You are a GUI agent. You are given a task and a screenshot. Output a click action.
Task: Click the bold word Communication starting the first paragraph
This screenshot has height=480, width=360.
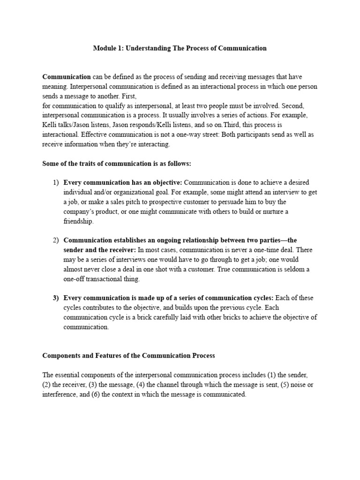tap(67, 76)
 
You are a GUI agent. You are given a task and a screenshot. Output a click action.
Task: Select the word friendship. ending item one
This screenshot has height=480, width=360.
tap(79, 221)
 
